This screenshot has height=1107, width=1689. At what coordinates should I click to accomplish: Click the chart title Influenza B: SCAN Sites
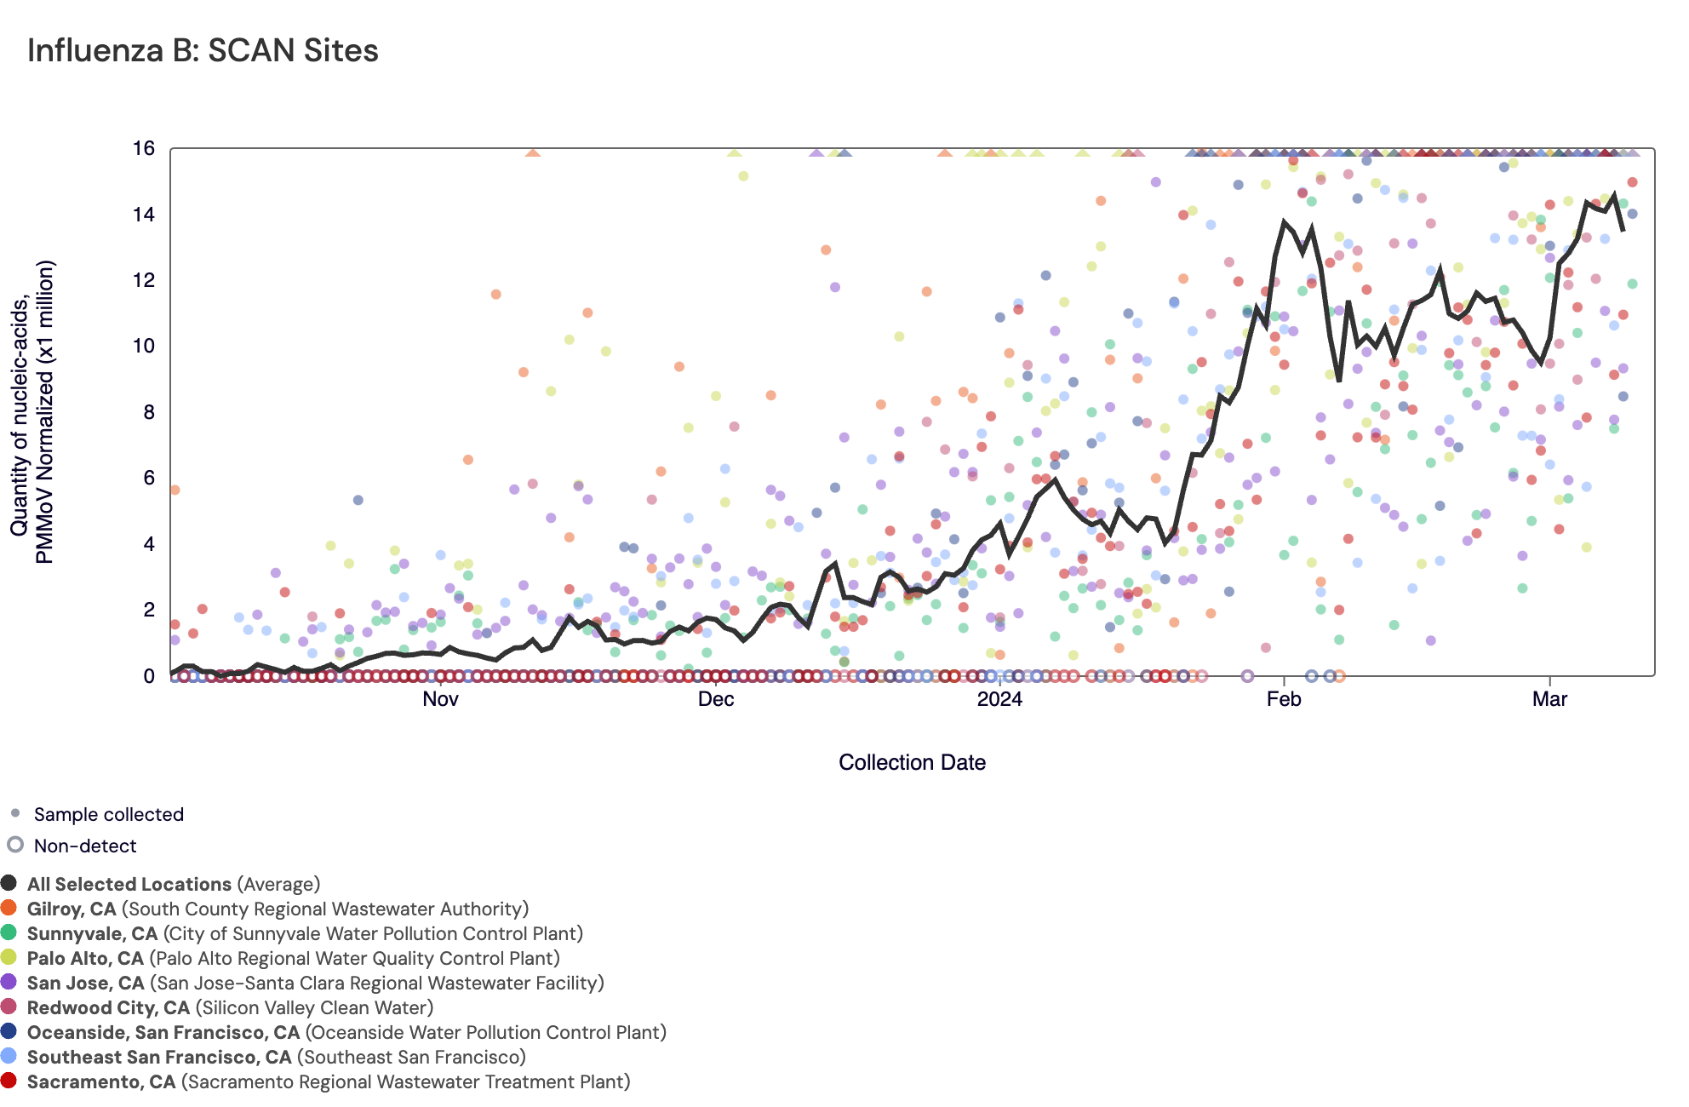coord(203,51)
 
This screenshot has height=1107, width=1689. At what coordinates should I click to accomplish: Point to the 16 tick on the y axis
coord(144,149)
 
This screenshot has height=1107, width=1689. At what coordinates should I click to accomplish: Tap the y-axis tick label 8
coord(149,412)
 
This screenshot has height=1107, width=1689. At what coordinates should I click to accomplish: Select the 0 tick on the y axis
coord(149,676)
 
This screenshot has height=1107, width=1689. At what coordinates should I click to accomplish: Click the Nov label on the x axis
coord(440,700)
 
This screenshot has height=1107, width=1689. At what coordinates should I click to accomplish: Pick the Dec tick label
coord(715,700)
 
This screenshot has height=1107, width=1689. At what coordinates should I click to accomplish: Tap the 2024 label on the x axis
coord(999,700)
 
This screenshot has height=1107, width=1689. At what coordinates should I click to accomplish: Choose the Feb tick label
coord(1283,700)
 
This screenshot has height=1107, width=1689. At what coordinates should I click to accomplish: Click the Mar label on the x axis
coord(1549,700)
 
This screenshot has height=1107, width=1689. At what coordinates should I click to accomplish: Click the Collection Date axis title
coord(912,763)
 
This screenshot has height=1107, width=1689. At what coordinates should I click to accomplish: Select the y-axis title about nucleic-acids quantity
coord(32,412)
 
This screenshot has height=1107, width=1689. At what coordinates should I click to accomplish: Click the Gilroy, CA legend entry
coord(278,909)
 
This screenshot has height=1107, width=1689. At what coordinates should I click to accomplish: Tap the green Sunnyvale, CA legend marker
coord(9,933)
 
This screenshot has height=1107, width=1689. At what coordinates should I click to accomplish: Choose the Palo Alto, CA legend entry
coord(293,959)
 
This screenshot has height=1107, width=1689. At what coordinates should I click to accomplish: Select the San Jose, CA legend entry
coord(315,984)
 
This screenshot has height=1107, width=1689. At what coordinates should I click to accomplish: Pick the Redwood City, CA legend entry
coord(230,1008)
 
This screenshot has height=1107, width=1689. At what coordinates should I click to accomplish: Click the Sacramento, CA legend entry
coord(329,1082)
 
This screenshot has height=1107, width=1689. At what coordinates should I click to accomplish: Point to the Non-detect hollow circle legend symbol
coord(15,845)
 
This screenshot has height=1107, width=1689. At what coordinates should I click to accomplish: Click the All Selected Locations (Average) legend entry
coord(174,885)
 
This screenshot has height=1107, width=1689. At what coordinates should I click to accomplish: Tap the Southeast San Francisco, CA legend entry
coord(276,1058)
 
